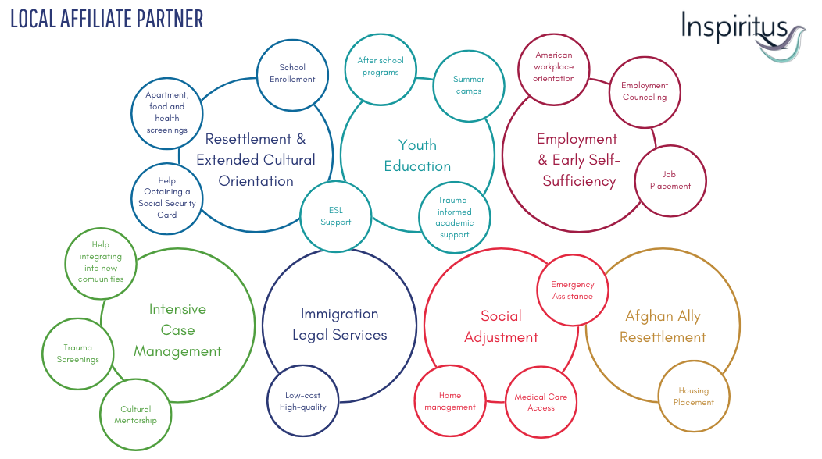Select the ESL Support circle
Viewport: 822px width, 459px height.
coord(335,216)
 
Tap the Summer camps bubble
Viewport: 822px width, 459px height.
coord(469,86)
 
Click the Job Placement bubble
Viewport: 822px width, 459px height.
coord(670,181)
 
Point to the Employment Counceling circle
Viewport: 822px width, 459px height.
coord(645,92)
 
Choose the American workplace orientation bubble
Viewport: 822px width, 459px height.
coord(553,69)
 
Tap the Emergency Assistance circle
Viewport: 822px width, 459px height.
coord(573,290)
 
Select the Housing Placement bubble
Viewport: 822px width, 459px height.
coord(694,396)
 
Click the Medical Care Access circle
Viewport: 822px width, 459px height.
coord(541,402)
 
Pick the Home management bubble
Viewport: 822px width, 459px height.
coord(450,400)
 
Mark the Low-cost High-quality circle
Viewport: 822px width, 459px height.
coord(303,400)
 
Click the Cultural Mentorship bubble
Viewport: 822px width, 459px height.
coord(135,415)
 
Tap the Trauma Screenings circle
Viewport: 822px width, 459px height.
coord(77,354)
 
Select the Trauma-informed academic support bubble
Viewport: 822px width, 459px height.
coord(455,218)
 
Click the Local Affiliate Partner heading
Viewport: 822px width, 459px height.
coord(107,19)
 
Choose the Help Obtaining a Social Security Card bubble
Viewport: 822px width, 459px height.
coord(166,198)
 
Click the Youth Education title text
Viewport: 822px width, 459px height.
coord(417,155)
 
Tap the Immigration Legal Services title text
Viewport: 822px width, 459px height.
coord(340,324)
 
